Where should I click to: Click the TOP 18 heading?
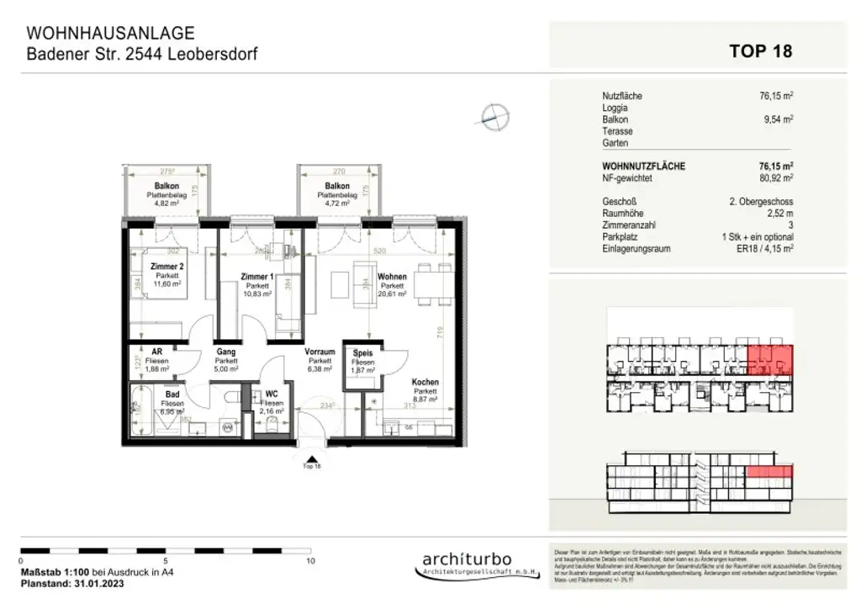(760, 51)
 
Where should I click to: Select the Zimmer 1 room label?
(256, 277)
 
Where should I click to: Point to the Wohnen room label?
(392, 277)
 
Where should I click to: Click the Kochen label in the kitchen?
(425, 383)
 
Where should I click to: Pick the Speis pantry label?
(362, 353)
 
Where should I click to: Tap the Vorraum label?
(320, 352)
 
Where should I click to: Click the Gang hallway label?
(225, 352)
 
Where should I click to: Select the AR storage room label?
(156, 352)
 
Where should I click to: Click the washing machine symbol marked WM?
(227, 428)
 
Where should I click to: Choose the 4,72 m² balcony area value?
(337, 203)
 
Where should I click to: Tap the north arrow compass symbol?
(494, 117)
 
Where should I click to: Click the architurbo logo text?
(466, 560)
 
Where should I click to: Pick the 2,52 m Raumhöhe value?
(778, 214)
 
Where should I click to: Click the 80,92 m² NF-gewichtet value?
(776, 178)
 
